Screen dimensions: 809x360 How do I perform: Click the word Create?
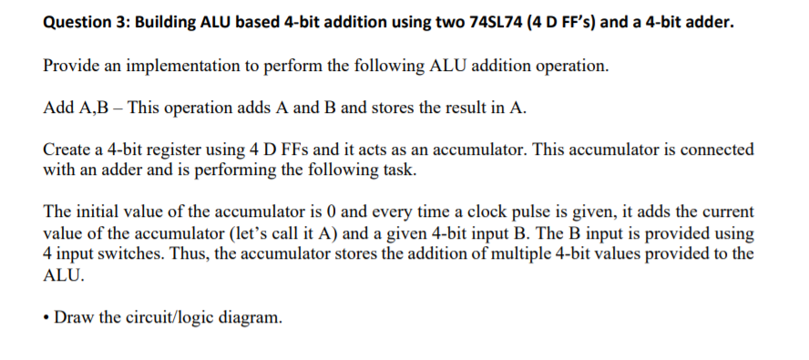[x=67, y=149]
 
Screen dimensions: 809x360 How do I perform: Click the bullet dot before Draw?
[x=46, y=318]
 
